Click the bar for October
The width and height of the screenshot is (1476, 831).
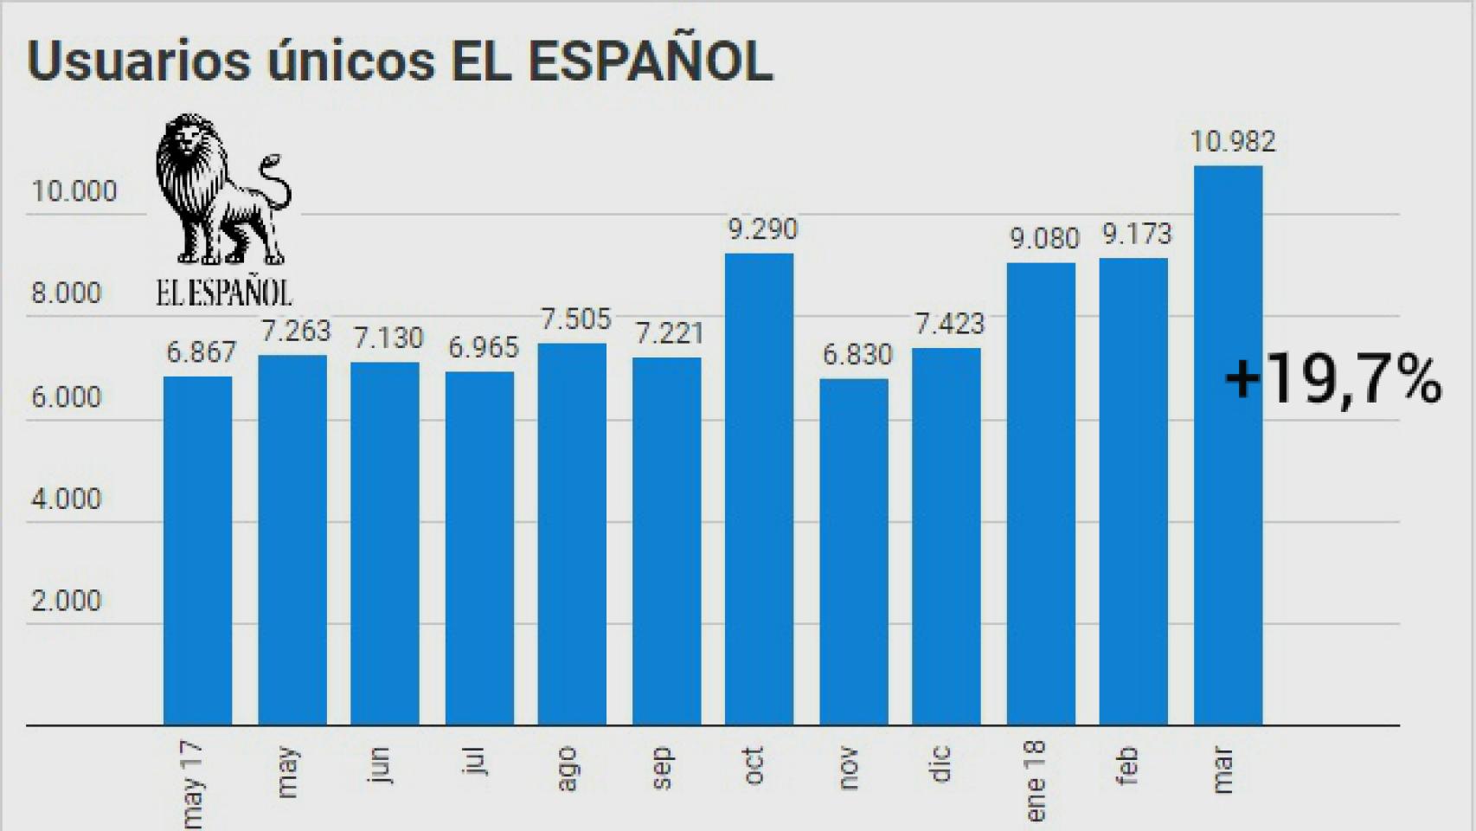pos(759,489)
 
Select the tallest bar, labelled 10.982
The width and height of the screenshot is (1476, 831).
pos(1228,445)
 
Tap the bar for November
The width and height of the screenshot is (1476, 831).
pos(853,551)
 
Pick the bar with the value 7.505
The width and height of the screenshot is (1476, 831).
pos(572,534)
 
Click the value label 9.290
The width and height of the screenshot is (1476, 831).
pos(762,229)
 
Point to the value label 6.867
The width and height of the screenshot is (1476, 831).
pos(201,352)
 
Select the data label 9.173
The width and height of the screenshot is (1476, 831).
pos(1136,235)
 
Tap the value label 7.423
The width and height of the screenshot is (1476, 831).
pos(949,324)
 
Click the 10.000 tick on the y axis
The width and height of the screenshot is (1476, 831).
pos(74,191)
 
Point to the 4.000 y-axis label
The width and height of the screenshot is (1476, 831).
pos(67,499)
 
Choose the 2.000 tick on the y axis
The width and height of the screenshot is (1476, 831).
pos(67,601)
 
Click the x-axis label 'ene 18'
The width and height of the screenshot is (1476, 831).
pos(1036,782)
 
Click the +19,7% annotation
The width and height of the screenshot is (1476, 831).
pos(1333,380)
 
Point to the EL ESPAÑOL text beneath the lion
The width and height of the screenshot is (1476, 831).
pos(224,293)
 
